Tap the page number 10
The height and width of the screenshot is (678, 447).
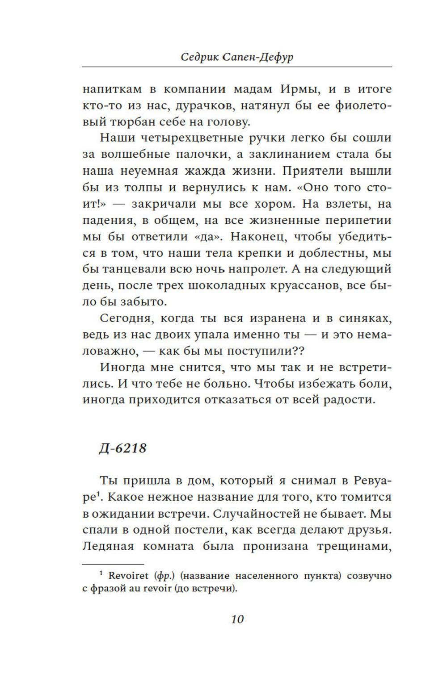coord(237,619)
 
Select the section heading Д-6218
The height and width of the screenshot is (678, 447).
coord(122,448)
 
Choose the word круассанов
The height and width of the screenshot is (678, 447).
coord(296,286)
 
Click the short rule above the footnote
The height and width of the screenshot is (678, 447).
coord(113,564)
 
